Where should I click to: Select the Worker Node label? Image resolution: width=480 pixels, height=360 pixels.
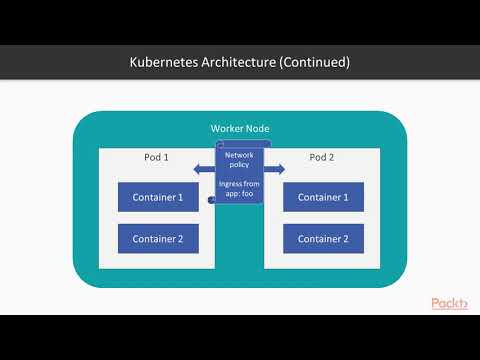(x=239, y=130)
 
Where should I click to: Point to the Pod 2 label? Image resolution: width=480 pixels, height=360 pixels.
(x=322, y=158)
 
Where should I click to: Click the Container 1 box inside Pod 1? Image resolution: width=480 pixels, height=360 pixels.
(x=158, y=197)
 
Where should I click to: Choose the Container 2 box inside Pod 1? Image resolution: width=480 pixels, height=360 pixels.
(x=158, y=238)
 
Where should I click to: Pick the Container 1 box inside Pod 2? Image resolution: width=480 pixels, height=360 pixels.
(x=323, y=197)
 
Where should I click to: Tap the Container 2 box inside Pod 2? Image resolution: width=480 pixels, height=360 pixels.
(x=323, y=238)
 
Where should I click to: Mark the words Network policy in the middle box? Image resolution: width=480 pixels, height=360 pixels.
(x=239, y=161)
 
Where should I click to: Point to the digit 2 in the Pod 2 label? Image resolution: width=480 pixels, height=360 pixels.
(x=334, y=158)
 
